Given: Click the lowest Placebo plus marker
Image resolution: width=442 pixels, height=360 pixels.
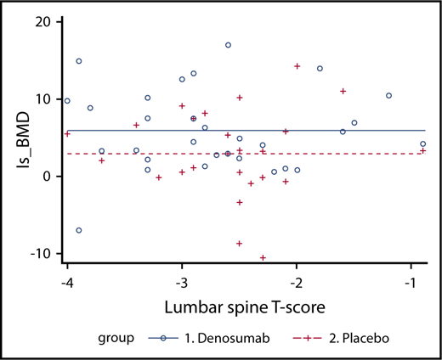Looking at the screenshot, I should tap(263, 257).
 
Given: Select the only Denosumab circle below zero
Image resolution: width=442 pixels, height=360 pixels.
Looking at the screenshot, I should tap(79, 230).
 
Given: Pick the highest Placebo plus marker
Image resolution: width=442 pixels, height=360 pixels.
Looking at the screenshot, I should tap(297, 66).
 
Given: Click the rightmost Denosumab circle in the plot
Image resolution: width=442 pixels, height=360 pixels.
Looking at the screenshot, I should tap(423, 144).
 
